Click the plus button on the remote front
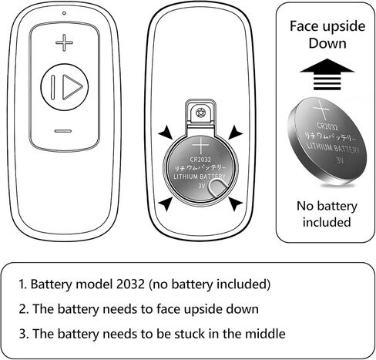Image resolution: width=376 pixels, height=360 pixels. click(64, 42)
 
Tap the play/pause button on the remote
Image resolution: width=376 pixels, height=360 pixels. click(65, 87)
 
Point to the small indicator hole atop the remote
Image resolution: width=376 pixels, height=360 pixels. click(64, 13)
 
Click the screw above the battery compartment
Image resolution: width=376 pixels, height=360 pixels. click(200, 113)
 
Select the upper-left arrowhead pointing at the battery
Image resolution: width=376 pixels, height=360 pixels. click(166, 133)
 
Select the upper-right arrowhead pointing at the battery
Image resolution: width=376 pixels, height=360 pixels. click(235, 133)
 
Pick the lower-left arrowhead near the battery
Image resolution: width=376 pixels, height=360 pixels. click(166, 204)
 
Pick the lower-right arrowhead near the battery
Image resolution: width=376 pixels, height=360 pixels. click(235, 204)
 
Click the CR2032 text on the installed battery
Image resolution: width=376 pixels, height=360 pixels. click(200, 160)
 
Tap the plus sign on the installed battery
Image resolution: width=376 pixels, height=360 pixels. click(200, 146)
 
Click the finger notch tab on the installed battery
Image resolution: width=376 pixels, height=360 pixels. click(217, 187)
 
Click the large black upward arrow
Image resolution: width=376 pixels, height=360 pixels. click(327, 74)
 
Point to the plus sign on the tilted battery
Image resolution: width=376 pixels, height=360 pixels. click(321, 110)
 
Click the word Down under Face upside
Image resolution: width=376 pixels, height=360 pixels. click(327, 43)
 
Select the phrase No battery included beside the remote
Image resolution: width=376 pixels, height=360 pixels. click(327, 214)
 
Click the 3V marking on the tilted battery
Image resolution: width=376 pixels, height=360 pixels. click(340, 160)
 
